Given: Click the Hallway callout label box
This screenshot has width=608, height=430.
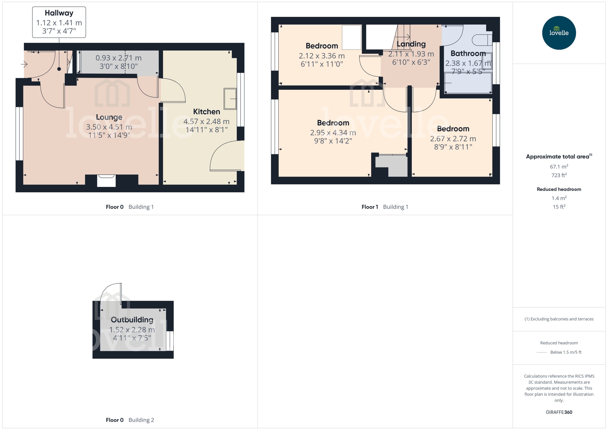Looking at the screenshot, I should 59,22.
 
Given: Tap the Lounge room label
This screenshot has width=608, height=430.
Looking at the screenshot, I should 109,117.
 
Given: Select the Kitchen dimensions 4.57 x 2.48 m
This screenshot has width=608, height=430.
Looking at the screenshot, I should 206,122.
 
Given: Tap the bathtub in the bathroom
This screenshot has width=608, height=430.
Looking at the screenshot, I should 468,83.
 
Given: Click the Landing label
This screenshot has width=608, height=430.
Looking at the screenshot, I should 411,44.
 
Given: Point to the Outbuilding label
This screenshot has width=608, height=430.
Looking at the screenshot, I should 132,320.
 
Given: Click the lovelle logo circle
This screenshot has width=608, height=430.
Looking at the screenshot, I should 559,33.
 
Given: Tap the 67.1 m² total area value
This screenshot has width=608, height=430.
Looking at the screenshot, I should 559,166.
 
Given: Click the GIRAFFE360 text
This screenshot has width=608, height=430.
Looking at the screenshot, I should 559,412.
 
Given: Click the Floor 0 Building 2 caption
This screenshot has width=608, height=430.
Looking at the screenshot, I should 130,420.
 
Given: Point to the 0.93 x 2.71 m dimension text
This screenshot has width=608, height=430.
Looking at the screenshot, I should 118,58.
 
